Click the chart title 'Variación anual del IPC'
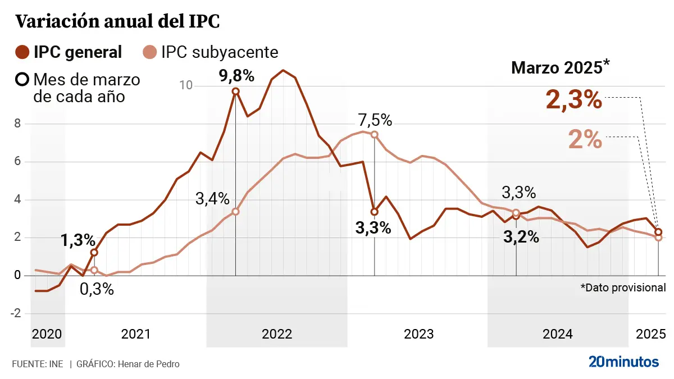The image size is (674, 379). pyautogui.click(x=117, y=21)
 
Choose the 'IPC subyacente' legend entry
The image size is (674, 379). pyautogui.click(x=210, y=52)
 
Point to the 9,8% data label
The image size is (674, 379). pyautogui.click(x=236, y=75)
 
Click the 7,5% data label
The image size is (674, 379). pyautogui.click(x=375, y=120)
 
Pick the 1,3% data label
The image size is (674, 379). pyautogui.click(x=78, y=240)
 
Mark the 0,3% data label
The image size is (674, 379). pyautogui.click(x=96, y=289)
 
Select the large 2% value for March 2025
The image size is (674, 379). pyautogui.click(x=585, y=139)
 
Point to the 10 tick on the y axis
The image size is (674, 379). pyautogui.click(x=186, y=85)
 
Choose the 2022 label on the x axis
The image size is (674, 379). pyautogui.click(x=277, y=334)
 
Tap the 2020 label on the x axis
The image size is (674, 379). pyautogui.click(x=47, y=334)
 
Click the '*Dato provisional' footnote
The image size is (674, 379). pyautogui.click(x=623, y=287)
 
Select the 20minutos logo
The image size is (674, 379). pyautogui.click(x=623, y=362)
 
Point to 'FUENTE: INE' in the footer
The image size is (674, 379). pyautogui.click(x=37, y=364)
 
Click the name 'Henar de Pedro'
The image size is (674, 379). pyautogui.click(x=148, y=364)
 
